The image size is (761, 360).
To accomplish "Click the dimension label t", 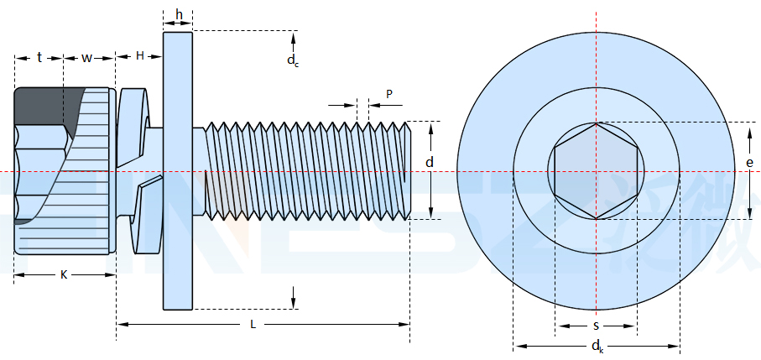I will pos(39,57).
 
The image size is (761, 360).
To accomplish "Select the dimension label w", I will pos(87,57).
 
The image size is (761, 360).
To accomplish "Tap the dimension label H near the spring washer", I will pos(140,55).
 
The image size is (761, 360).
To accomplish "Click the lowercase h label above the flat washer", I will pos(179,15).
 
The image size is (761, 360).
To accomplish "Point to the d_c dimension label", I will pos(292,60).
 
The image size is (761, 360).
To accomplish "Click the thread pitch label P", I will pos(389,93).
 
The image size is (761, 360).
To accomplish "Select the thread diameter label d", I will pos(430,163).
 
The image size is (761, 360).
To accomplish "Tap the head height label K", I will pos(64,274).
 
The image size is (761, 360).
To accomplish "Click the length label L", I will pos(253,324).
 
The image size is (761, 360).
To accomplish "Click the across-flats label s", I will pos(596,325).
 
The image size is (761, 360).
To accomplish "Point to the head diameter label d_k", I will pos(597,346).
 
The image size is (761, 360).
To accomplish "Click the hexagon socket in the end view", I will pos(596,171).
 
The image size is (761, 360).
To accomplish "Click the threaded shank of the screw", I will pos(302,170).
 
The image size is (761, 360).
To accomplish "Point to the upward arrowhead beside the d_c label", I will pos(293,38).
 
